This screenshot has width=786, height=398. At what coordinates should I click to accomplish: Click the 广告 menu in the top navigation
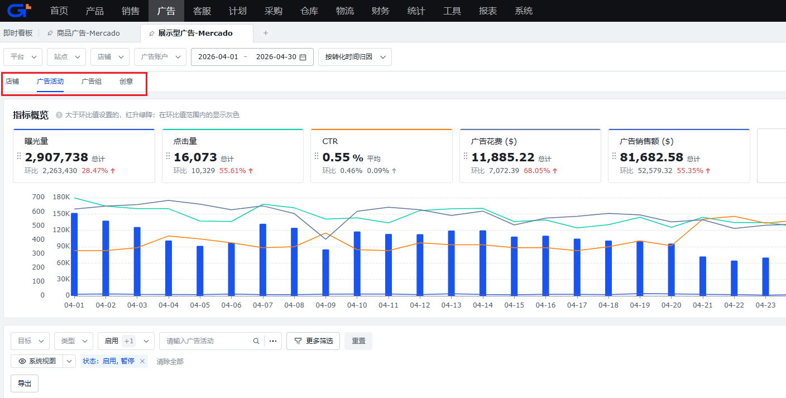tap(166, 11)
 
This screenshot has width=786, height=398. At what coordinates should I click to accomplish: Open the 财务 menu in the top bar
tap(380, 11)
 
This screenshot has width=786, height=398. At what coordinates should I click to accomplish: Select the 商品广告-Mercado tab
tap(88, 33)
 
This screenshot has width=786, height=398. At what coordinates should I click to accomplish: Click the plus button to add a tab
tap(266, 33)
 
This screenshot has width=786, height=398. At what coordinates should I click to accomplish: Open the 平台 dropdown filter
tap(23, 57)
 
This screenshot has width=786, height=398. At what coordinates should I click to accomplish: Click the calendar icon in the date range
tap(303, 57)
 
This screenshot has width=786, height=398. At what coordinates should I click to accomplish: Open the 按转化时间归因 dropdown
tap(354, 57)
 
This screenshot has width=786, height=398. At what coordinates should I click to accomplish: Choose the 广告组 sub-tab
tap(91, 81)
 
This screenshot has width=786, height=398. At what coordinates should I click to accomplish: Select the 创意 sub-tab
tap(126, 81)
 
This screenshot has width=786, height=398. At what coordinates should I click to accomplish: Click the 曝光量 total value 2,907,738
tap(56, 157)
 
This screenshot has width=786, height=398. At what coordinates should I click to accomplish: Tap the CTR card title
tap(330, 141)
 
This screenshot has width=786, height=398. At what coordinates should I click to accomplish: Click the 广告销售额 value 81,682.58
tap(651, 157)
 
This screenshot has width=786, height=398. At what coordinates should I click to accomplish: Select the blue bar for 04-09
tap(325, 272)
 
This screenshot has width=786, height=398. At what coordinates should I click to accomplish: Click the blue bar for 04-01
tap(74, 254)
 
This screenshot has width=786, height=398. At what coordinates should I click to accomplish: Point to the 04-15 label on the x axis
tap(514, 305)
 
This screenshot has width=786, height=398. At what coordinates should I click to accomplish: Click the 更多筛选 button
tap(313, 341)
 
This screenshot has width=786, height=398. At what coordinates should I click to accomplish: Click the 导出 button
tap(25, 383)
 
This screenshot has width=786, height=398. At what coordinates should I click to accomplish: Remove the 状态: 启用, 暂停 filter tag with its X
tap(142, 361)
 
